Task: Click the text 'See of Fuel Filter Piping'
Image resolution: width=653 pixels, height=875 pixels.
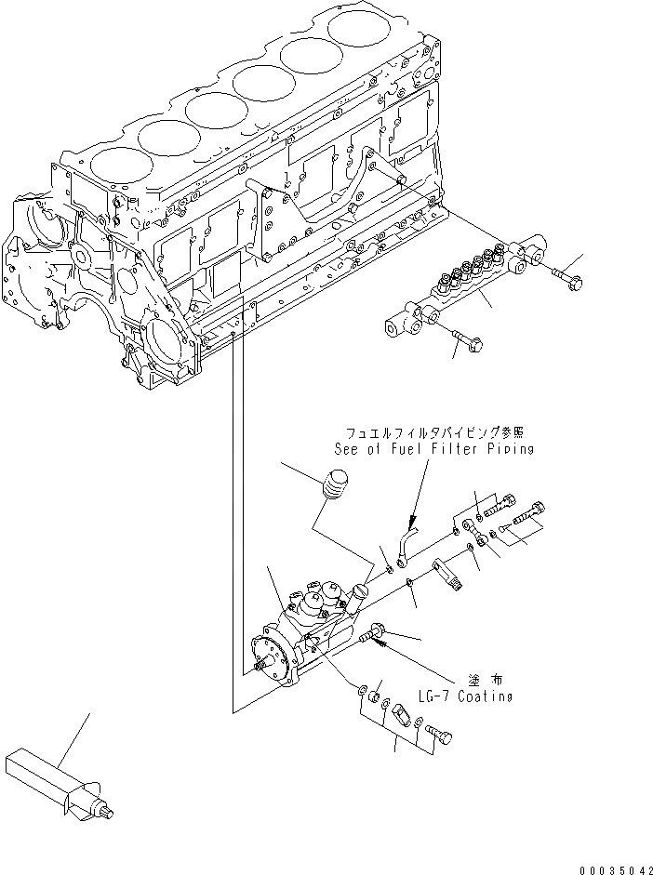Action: tap(433, 449)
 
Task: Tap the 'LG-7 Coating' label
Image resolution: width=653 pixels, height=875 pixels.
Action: tap(466, 696)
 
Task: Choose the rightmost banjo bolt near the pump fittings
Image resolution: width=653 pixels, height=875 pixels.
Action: tap(532, 510)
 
